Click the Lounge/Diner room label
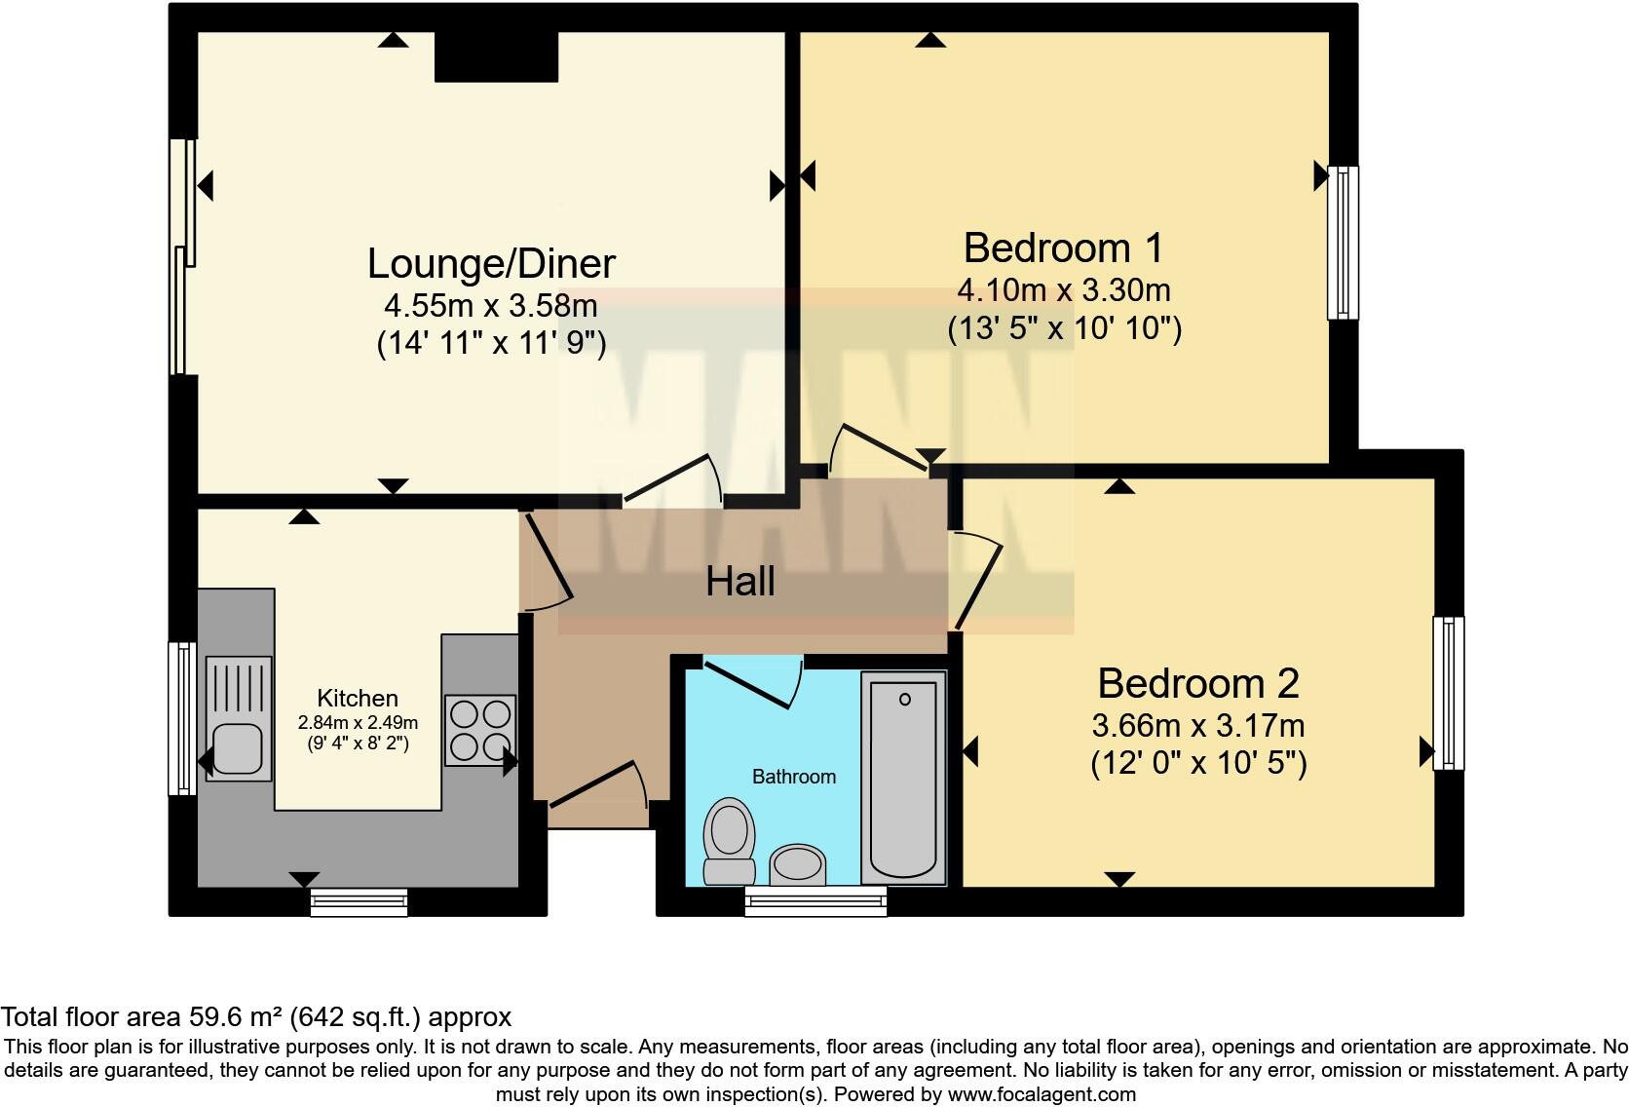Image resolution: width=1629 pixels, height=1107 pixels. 491,264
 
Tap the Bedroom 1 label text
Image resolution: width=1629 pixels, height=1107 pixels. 1063,248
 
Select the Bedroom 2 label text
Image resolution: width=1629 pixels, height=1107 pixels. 1197,683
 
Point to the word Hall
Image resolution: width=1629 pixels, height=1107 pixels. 739,582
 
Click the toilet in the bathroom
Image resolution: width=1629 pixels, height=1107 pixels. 729,841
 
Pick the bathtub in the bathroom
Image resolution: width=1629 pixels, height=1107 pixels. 903,779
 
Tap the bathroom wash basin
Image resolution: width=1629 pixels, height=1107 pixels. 797,864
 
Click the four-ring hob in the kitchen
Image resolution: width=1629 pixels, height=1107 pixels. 479,729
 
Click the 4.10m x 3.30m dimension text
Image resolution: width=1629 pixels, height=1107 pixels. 1063,290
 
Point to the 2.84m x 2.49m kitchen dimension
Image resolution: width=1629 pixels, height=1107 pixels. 358,723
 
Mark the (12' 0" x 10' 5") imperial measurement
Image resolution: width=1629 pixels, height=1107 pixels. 1197,762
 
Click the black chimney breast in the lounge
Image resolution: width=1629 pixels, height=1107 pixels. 496,56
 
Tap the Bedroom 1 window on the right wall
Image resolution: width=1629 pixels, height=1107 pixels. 1343,242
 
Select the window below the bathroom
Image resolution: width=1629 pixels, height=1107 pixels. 815,900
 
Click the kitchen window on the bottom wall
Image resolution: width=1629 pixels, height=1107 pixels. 359,902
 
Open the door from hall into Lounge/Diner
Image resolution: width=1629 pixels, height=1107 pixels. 672,479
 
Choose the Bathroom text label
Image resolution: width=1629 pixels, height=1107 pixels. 793,777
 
